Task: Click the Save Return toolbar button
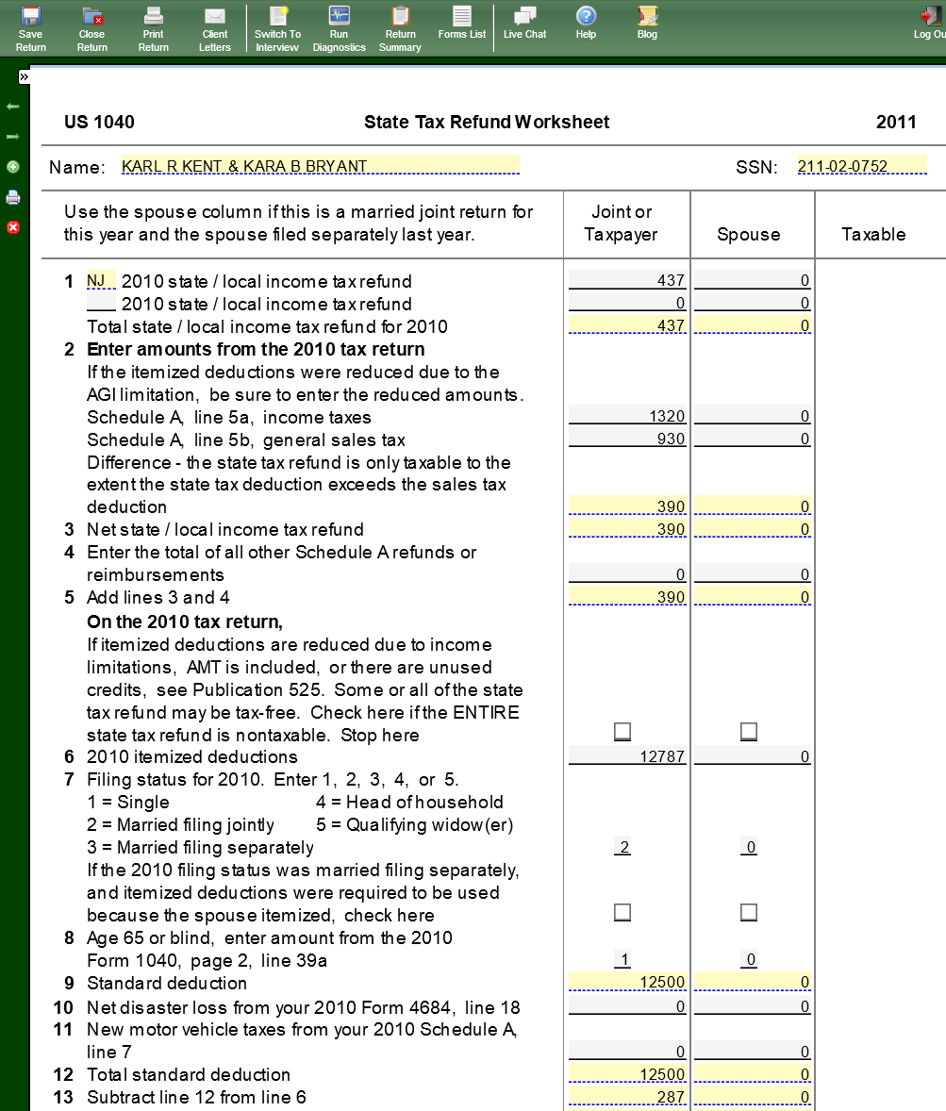pos(30,27)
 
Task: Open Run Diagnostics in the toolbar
pos(339,27)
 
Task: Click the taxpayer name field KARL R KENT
pos(320,167)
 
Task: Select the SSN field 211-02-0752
pos(861,167)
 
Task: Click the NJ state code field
pos(100,281)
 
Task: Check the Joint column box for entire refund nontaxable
pos(622,731)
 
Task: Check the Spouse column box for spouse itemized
pos(749,912)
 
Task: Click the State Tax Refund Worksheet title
pos(487,122)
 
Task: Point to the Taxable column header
pos(873,234)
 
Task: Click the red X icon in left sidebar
pos(13,227)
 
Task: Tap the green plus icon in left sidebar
pos(13,167)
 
